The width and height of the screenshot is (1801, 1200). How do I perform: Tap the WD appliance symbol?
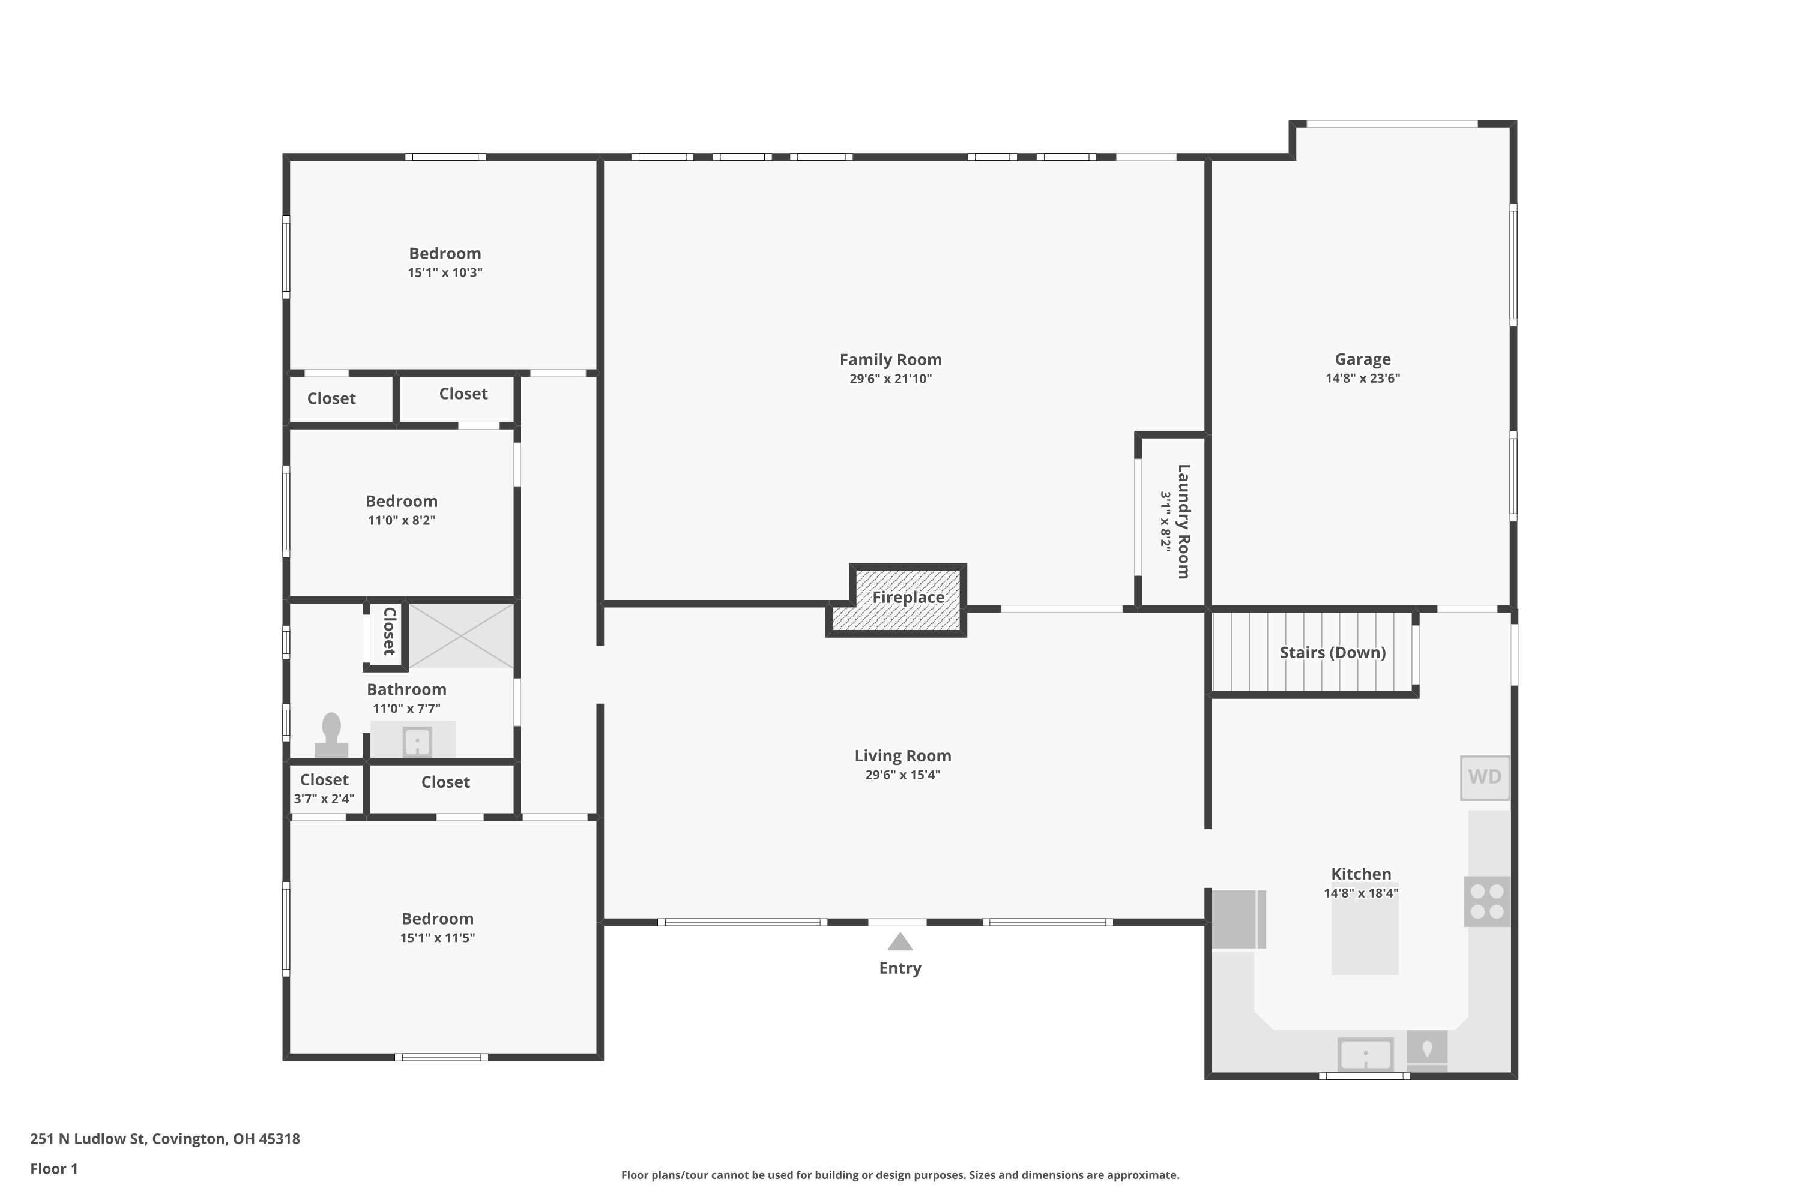tap(1484, 778)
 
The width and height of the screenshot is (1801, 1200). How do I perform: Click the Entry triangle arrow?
tap(900, 941)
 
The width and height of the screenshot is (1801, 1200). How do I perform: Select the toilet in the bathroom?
tap(331, 736)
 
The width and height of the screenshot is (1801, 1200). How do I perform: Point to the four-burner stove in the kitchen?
tap(1487, 902)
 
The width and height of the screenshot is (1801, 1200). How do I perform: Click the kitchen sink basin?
tap(1365, 1055)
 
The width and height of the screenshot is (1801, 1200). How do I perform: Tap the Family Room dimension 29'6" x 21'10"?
tap(890, 379)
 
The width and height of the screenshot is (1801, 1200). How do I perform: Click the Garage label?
tap(1362, 359)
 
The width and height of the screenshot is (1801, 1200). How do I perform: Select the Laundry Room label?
tap(1183, 521)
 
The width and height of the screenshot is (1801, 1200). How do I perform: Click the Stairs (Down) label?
tap(1332, 653)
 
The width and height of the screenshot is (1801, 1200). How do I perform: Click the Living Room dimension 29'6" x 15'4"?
tap(902, 775)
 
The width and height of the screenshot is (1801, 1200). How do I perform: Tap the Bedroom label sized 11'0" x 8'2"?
tap(401, 501)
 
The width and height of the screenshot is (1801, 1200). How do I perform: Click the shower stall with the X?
tap(461, 635)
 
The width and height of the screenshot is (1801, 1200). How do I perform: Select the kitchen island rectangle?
tap(1365, 937)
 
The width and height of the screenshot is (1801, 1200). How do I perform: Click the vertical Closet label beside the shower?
tap(389, 631)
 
